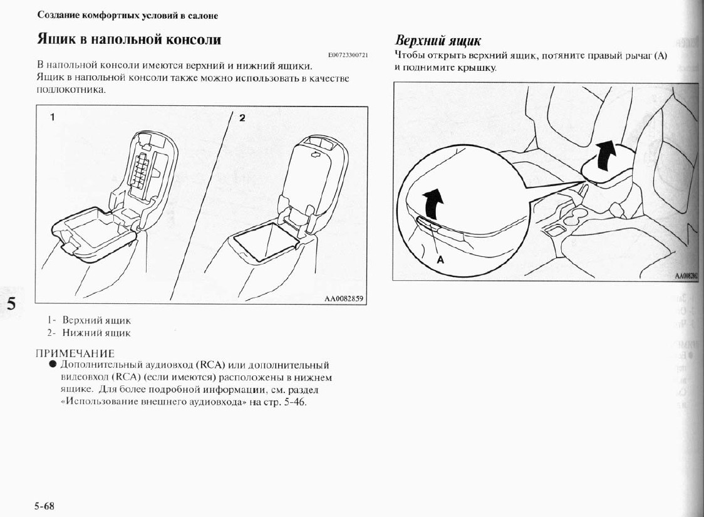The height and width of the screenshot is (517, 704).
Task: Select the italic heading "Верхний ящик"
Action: tap(438, 41)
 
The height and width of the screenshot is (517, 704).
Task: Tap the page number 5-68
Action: tap(45, 506)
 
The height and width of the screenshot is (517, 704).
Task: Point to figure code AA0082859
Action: tap(343, 299)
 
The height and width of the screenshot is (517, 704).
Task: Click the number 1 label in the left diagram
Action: tap(53, 117)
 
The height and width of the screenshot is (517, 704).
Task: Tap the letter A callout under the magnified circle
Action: tap(440, 260)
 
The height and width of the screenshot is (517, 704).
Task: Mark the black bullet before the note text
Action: tap(53, 365)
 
